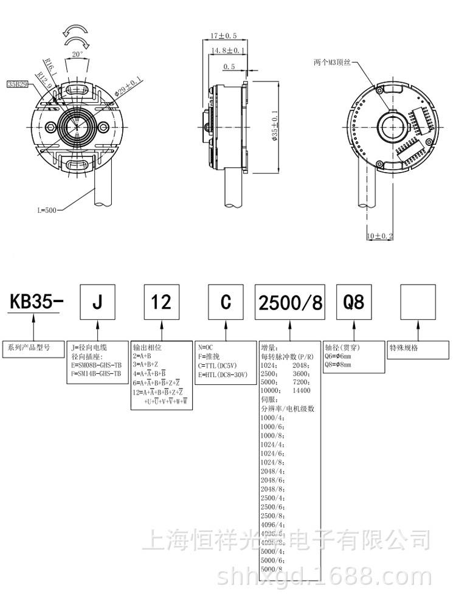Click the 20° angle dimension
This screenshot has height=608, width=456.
[77, 54]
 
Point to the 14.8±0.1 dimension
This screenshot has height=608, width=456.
[227, 50]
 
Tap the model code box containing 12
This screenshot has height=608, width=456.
[162, 302]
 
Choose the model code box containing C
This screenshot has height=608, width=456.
[226, 302]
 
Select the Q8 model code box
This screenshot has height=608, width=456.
[354, 302]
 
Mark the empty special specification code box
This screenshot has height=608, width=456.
[419, 302]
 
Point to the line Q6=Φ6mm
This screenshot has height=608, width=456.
[338, 356]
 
